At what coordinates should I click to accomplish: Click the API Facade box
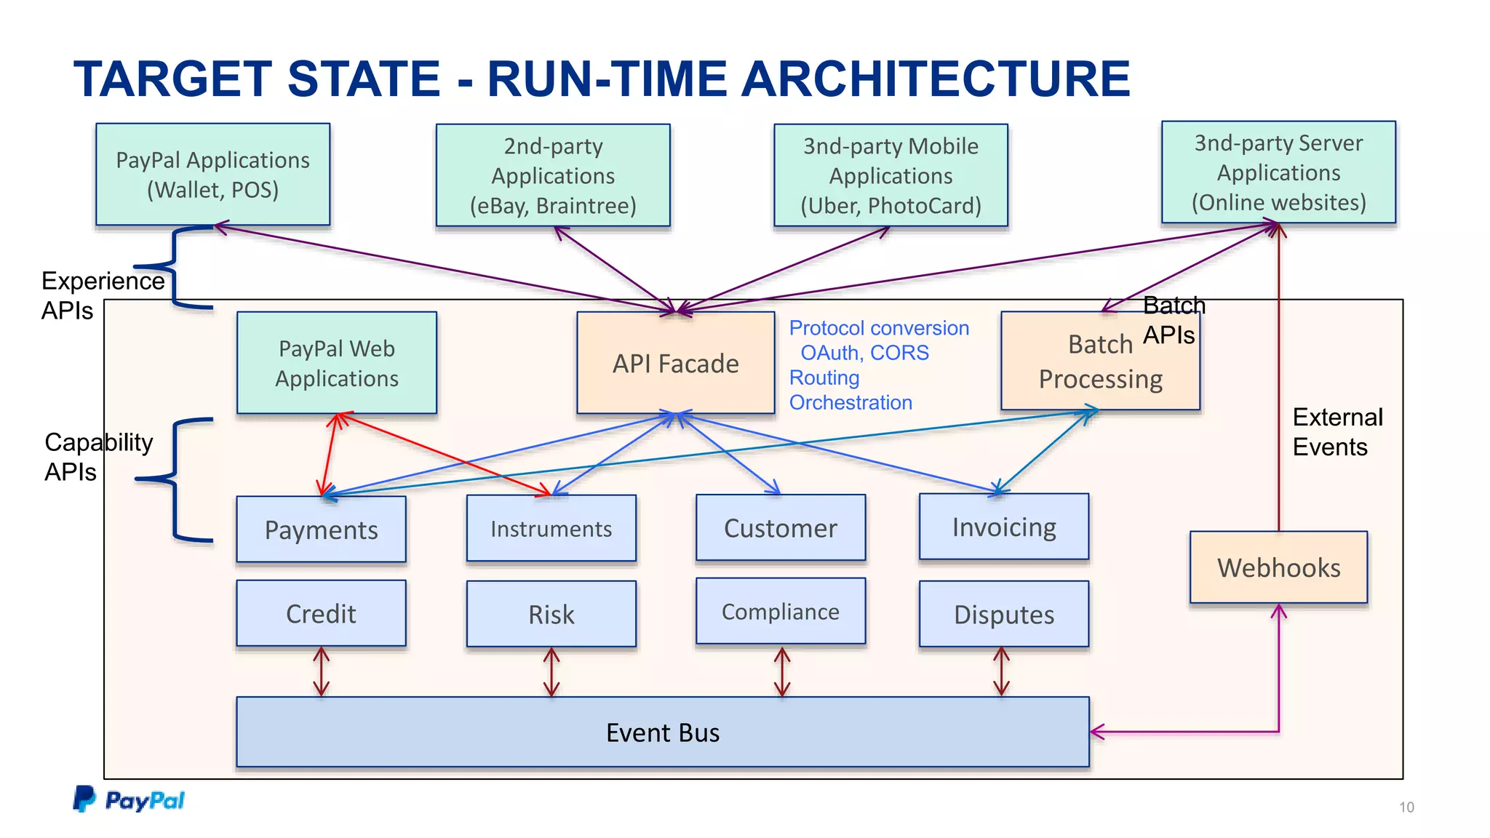[675, 363]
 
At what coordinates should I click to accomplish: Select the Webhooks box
[1278, 567]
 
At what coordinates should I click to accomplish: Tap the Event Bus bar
[662, 732]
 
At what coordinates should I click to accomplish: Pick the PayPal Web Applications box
[337, 363]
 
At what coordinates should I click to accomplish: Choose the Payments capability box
[321, 530]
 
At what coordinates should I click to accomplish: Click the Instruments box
[551, 529]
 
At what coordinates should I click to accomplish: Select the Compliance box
[780, 612]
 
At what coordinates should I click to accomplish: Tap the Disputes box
[1003, 615]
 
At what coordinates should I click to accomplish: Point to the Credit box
[321, 613]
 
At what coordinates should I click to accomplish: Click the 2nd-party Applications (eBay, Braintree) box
[553, 175]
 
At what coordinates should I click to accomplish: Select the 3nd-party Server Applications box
[1278, 172]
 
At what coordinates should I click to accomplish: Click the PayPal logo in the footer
[129, 799]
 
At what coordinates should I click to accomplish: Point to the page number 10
[1406, 807]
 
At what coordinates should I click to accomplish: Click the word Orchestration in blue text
[850, 402]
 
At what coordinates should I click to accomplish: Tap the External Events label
[1336, 432]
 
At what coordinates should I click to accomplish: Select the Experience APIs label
[102, 295]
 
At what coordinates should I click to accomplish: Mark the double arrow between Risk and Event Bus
[551, 672]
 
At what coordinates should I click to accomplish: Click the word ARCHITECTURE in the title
[935, 79]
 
